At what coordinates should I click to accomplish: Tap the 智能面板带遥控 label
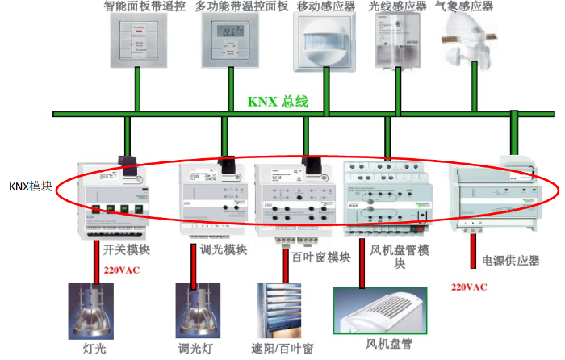[144, 6]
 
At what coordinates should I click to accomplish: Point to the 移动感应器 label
[326, 6]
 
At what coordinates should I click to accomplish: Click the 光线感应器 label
[397, 6]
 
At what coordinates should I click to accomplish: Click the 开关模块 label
[127, 249]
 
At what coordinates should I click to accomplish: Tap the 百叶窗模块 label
[316, 257]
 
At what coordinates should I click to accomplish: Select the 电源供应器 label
[510, 260]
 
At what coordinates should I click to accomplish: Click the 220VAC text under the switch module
[121, 270]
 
